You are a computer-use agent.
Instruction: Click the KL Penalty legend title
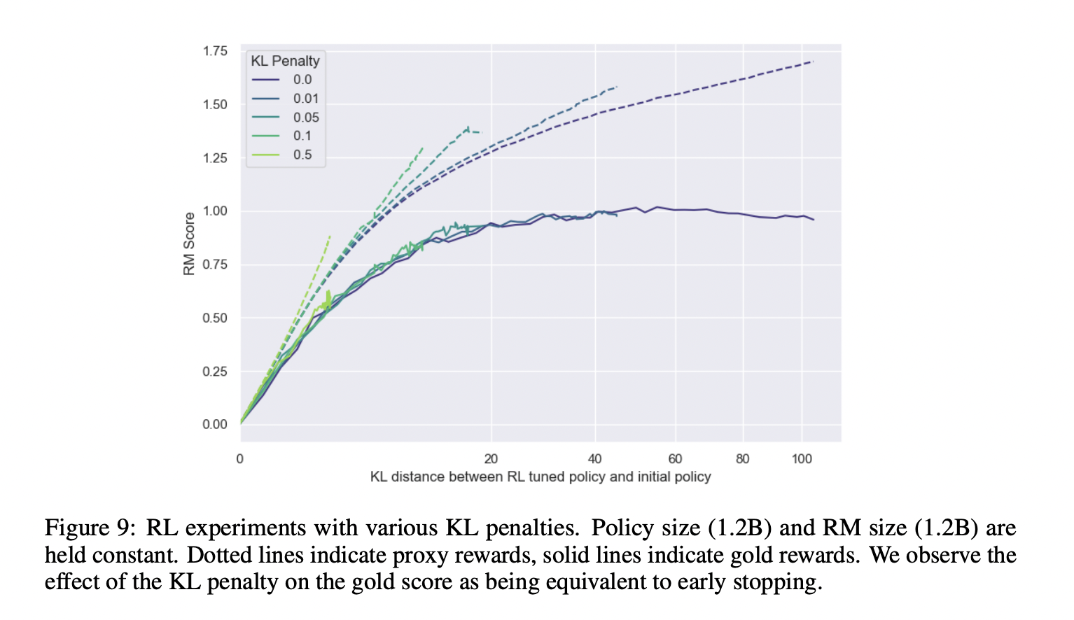(x=285, y=61)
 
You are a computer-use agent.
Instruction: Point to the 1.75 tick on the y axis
(x=215, y=51)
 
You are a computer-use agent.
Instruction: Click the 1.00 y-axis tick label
(x=215, y=211)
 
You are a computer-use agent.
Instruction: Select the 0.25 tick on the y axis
(x=215, y=371)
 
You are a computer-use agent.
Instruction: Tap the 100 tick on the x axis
(x=802, y=459)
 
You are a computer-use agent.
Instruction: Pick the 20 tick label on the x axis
(x=491, y=459)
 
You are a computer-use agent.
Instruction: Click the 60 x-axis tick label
(x=675, y=459)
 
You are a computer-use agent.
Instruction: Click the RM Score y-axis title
(x=189, y=244)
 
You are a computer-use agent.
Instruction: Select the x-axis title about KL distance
(x=540, y=477)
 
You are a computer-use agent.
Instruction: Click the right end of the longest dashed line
(x=813, y=62)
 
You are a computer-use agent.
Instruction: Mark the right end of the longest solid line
(x=814, y=220)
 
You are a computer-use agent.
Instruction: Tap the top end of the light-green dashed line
(x=330, y=236)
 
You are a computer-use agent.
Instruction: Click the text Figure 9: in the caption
(x=90, y=528)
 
